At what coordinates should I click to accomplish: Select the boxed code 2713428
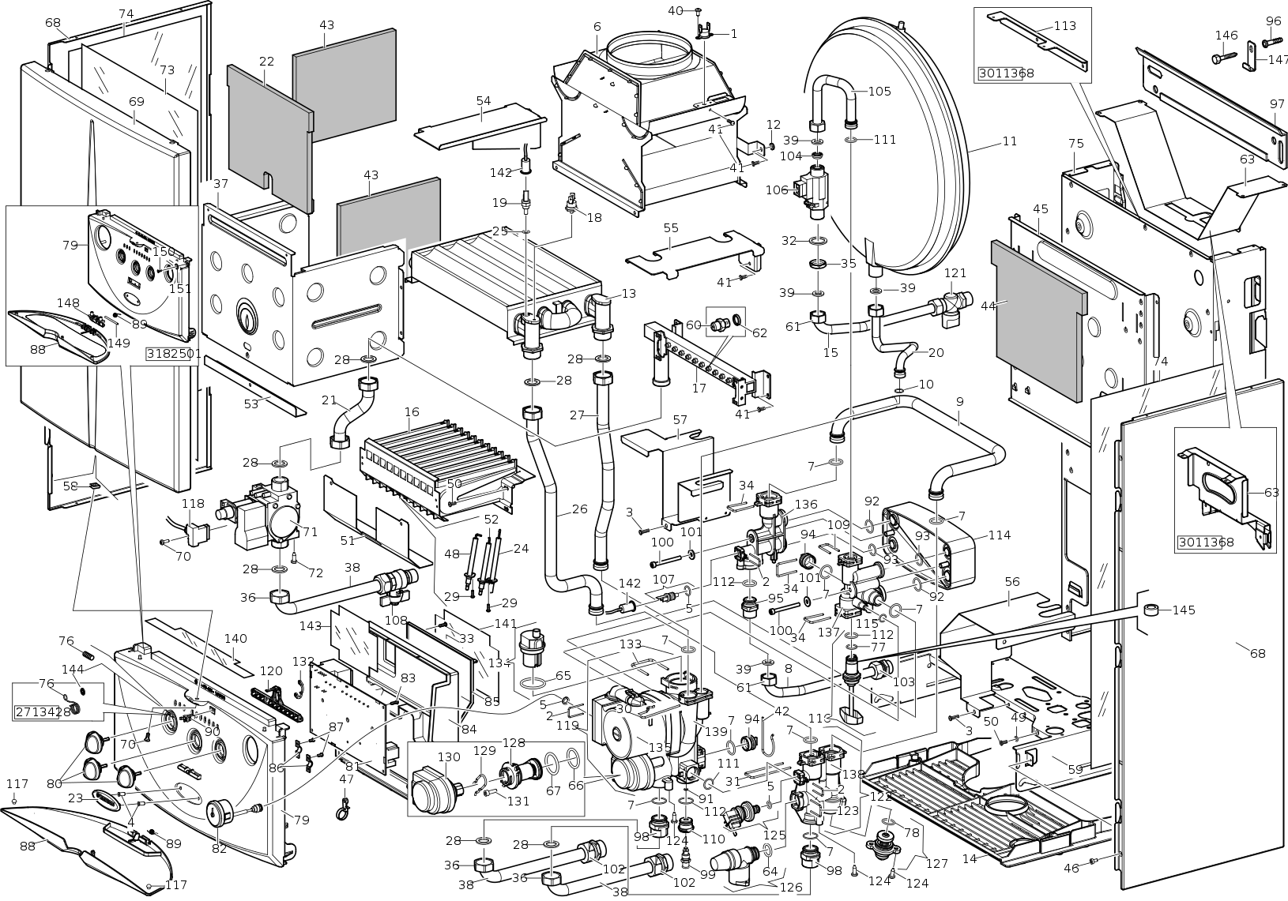click(x=43, y=712)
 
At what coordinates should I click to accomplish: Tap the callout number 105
click(x=879, y=91)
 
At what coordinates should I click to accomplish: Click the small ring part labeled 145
click(x=1155, y=610)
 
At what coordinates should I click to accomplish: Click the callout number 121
click(x=955, y=273)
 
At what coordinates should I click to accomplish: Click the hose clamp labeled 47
click(x=345, y=806)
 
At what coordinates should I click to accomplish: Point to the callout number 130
click(x=449, y=757)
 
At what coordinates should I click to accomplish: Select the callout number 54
click(x=484, y=101)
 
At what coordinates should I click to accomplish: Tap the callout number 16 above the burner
click(x=412, y=411)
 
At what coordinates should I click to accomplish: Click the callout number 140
click(x=235, y=639)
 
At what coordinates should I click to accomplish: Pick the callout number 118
click(x=193, y=503)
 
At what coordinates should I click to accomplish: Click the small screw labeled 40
click(x=699, y=11)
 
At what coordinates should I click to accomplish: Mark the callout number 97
click(x=1277, y=104)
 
